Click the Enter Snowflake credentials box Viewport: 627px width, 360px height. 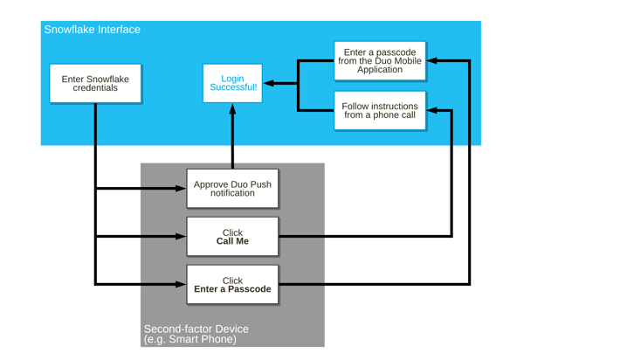[x=95, y=83]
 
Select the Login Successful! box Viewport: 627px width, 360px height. [x=232, y=83]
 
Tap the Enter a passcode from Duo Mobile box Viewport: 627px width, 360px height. [x=380, y=61]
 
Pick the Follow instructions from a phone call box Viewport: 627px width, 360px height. [x=380, y=110]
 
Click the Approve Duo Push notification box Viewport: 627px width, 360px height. [x=232, y=188]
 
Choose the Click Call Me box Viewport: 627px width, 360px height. [x=232, y=237]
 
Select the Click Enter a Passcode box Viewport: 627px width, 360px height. [x=232, y=285]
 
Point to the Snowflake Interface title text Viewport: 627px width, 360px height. [x=92, y=30]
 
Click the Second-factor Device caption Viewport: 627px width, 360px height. [x=196, y=329]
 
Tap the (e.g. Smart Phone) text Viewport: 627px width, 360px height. [x=189, y=339]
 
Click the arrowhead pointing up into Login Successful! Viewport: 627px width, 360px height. [x=232, y=110]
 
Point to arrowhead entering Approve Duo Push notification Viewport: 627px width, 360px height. [x=181, y=188]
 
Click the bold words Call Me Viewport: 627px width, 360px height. [x=232, y=241]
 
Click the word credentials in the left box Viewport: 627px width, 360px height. [x=95, y=88]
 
